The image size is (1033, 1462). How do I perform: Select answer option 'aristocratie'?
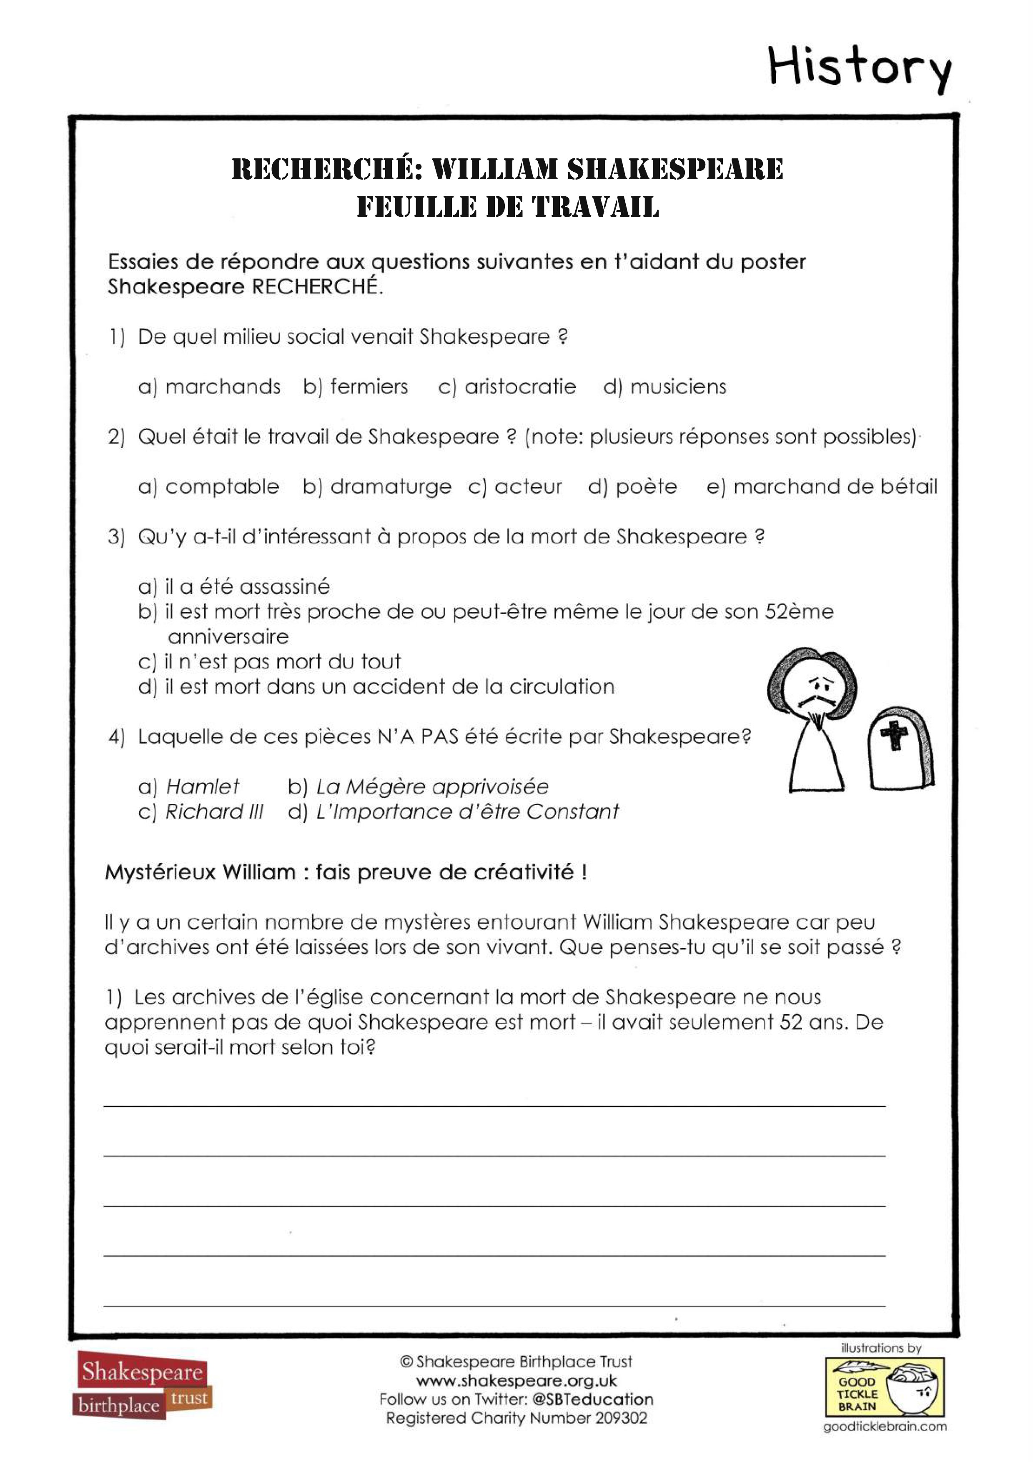click(520, 386)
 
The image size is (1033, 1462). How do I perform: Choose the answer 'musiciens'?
click(678, 386)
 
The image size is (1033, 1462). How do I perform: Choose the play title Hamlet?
click(203, 786)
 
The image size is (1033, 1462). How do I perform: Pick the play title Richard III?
click(214, 812)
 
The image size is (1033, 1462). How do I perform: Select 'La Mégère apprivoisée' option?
click(432, 786)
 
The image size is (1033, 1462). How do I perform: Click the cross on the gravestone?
click(893, 736)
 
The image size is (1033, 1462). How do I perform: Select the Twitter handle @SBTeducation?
click(592, 1399)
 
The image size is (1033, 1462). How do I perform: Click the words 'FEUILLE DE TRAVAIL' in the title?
click(508, 207)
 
